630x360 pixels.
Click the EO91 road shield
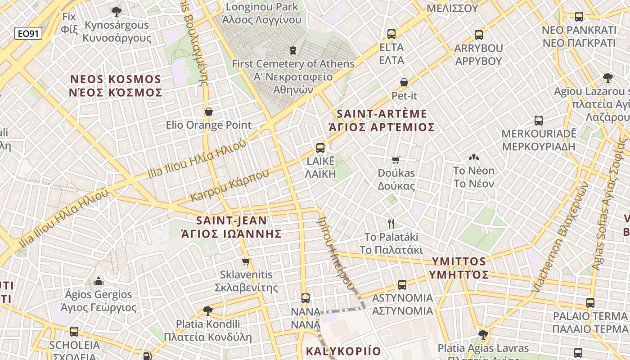coord(28,33)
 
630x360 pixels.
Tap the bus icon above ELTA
coord(391,34)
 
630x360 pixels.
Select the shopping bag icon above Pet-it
coord(404,82)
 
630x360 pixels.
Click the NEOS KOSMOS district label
coord(116,86)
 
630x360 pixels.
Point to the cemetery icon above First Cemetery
coord(293,50)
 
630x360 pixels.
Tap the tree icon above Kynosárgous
coord(117,11)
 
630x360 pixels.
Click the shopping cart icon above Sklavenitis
coord(246,261)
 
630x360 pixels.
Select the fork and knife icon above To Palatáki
coord(391,223)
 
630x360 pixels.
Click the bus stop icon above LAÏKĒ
coord(320,148)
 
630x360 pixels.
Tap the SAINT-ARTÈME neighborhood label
coord(382,120)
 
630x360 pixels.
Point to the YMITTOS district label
coord(459,268)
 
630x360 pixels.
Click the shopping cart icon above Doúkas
coord(396,160)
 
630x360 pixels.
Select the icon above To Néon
coord(473,157)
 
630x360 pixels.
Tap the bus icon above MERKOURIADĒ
coord(539,120)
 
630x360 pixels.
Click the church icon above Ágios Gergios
coord(99,282)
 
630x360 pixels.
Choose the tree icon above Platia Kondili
coord(207,310)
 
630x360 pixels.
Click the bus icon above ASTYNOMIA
coord(402,284)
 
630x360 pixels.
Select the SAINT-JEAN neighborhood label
coord(231,227)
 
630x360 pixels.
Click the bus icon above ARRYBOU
coord(479,35)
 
